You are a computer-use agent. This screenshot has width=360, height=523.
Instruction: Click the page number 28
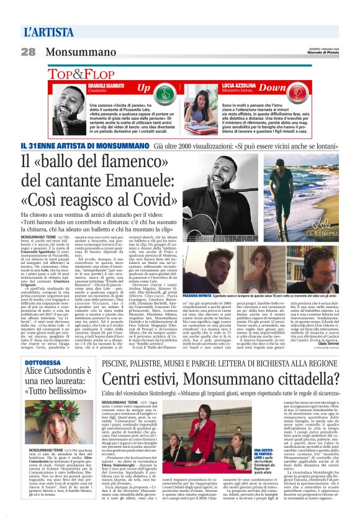pyautogui.click(x=29, y=52)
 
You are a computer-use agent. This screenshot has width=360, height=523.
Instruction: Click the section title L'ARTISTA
pyautogui.click(x=45, y=30)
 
